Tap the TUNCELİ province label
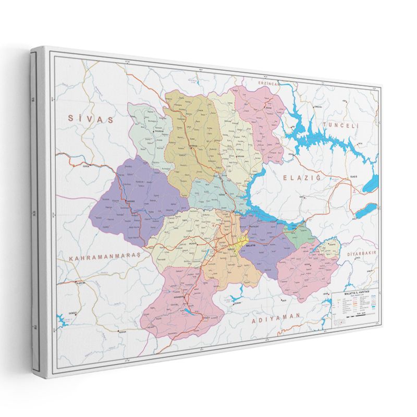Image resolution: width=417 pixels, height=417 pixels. [342, 126]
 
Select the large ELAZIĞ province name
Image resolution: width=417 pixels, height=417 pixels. [303, 178]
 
